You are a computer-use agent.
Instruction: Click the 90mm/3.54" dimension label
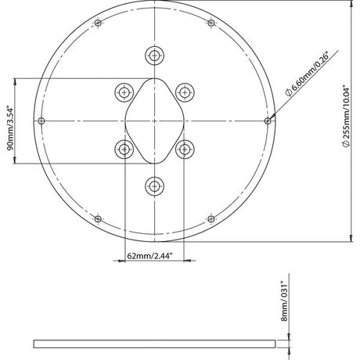tap(9, 128)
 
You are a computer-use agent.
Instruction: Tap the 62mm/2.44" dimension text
tap(149, 256)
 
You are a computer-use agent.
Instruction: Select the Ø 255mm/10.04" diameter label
tap(346, 116)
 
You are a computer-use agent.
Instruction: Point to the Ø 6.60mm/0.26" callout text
tap(308, 74)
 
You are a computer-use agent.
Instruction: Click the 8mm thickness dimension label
tap(284, 301)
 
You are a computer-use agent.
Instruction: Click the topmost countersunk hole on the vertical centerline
tap(154, 56)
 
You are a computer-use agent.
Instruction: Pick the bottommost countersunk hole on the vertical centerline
tap(154, 186)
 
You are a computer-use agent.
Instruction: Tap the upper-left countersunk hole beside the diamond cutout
tap(124, 92)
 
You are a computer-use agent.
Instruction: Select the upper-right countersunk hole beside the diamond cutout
tap(185, 92)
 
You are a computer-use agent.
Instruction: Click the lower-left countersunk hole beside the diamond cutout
tap(124, 149)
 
